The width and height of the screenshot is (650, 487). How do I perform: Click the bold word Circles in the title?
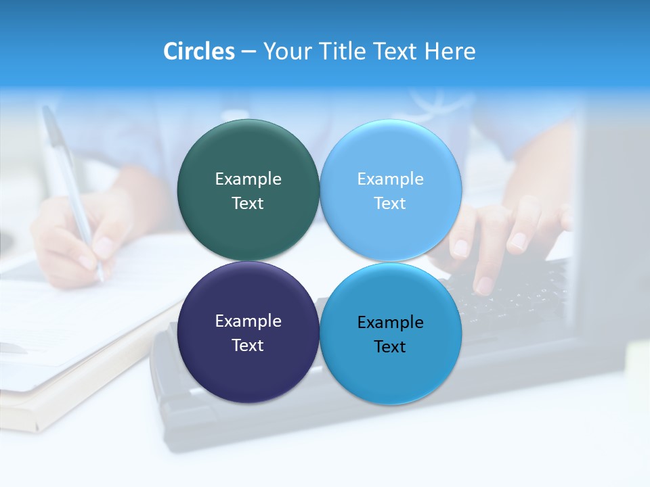click(199, 51)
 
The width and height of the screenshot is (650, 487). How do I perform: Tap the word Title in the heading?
click(342, 51)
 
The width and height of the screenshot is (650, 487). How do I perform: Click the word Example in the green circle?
click(248, 179)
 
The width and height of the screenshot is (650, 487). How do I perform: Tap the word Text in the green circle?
click(248, 204)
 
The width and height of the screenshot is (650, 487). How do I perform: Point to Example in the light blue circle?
click(391, 179)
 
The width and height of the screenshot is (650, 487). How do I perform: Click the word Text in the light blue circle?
click(390, 204)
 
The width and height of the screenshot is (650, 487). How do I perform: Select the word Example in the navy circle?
click(248, 321)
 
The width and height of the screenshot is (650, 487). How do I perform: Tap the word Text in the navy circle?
click(248, 346)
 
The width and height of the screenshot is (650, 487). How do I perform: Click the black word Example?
click(391, 323)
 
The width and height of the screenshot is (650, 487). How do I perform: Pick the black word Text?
click(390, 347)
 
